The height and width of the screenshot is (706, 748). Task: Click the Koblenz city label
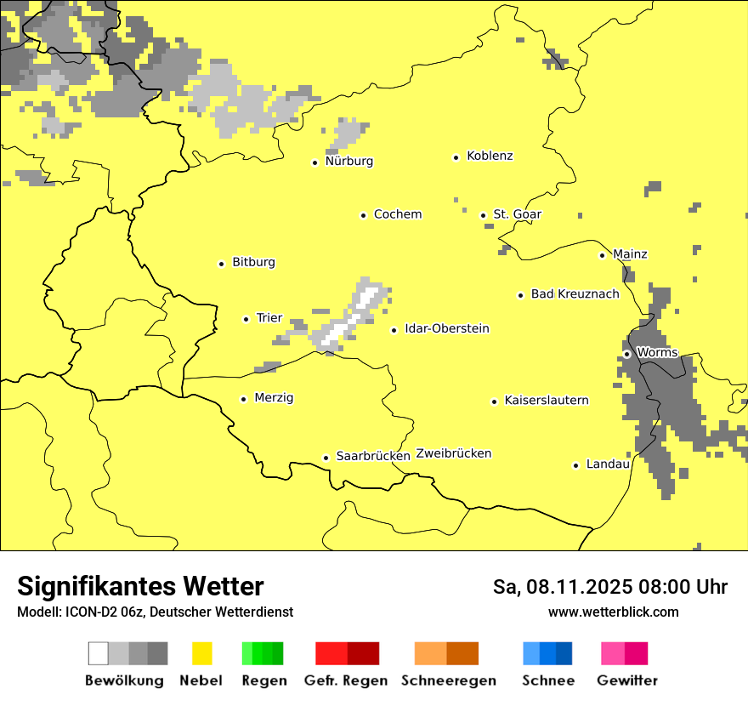(x=490, y=156)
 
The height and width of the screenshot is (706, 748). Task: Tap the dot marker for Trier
(x=246, y=319)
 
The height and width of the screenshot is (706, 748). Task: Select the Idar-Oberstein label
(x=446, y=328)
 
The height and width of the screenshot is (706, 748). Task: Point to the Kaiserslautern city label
(x=547, y=400)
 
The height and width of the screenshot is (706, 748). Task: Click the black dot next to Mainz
(x=602, y=255)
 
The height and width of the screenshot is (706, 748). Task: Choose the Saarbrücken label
(x=373, y=456)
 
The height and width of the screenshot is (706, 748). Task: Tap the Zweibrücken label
(x=453, y=453)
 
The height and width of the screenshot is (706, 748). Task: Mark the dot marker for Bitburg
(x=222, y=264)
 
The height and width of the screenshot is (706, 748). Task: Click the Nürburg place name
(x=348, y=161)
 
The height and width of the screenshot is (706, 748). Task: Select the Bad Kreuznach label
(x=575, y=293)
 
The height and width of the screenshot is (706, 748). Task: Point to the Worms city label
(x=657, y=352)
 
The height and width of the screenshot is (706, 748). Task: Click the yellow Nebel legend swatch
(x=202, y=653)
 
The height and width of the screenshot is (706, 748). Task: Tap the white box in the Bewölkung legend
(x=99, y=653)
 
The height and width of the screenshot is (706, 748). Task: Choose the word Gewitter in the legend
(x=627, y=680)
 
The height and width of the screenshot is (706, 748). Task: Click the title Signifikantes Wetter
(x=140, y=586)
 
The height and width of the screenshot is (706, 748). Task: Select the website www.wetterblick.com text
(x=613, y=612)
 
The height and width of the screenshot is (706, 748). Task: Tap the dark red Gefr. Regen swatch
(x=363, y=653)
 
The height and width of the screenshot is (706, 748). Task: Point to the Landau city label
(x=608, y=464)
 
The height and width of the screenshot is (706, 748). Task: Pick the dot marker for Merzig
(x=244, y=399)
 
